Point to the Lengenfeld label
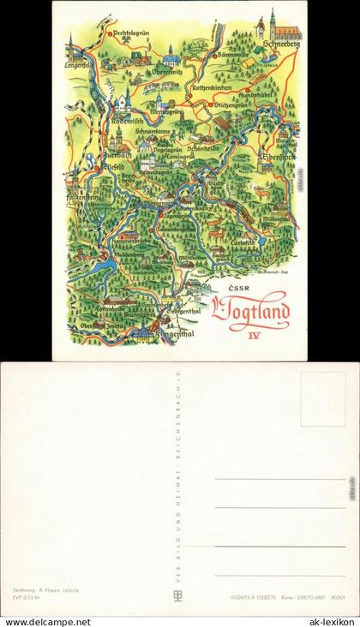pyautogui.click(x=78, y=63)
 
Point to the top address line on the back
pyautogui.click(x=279, y=478)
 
